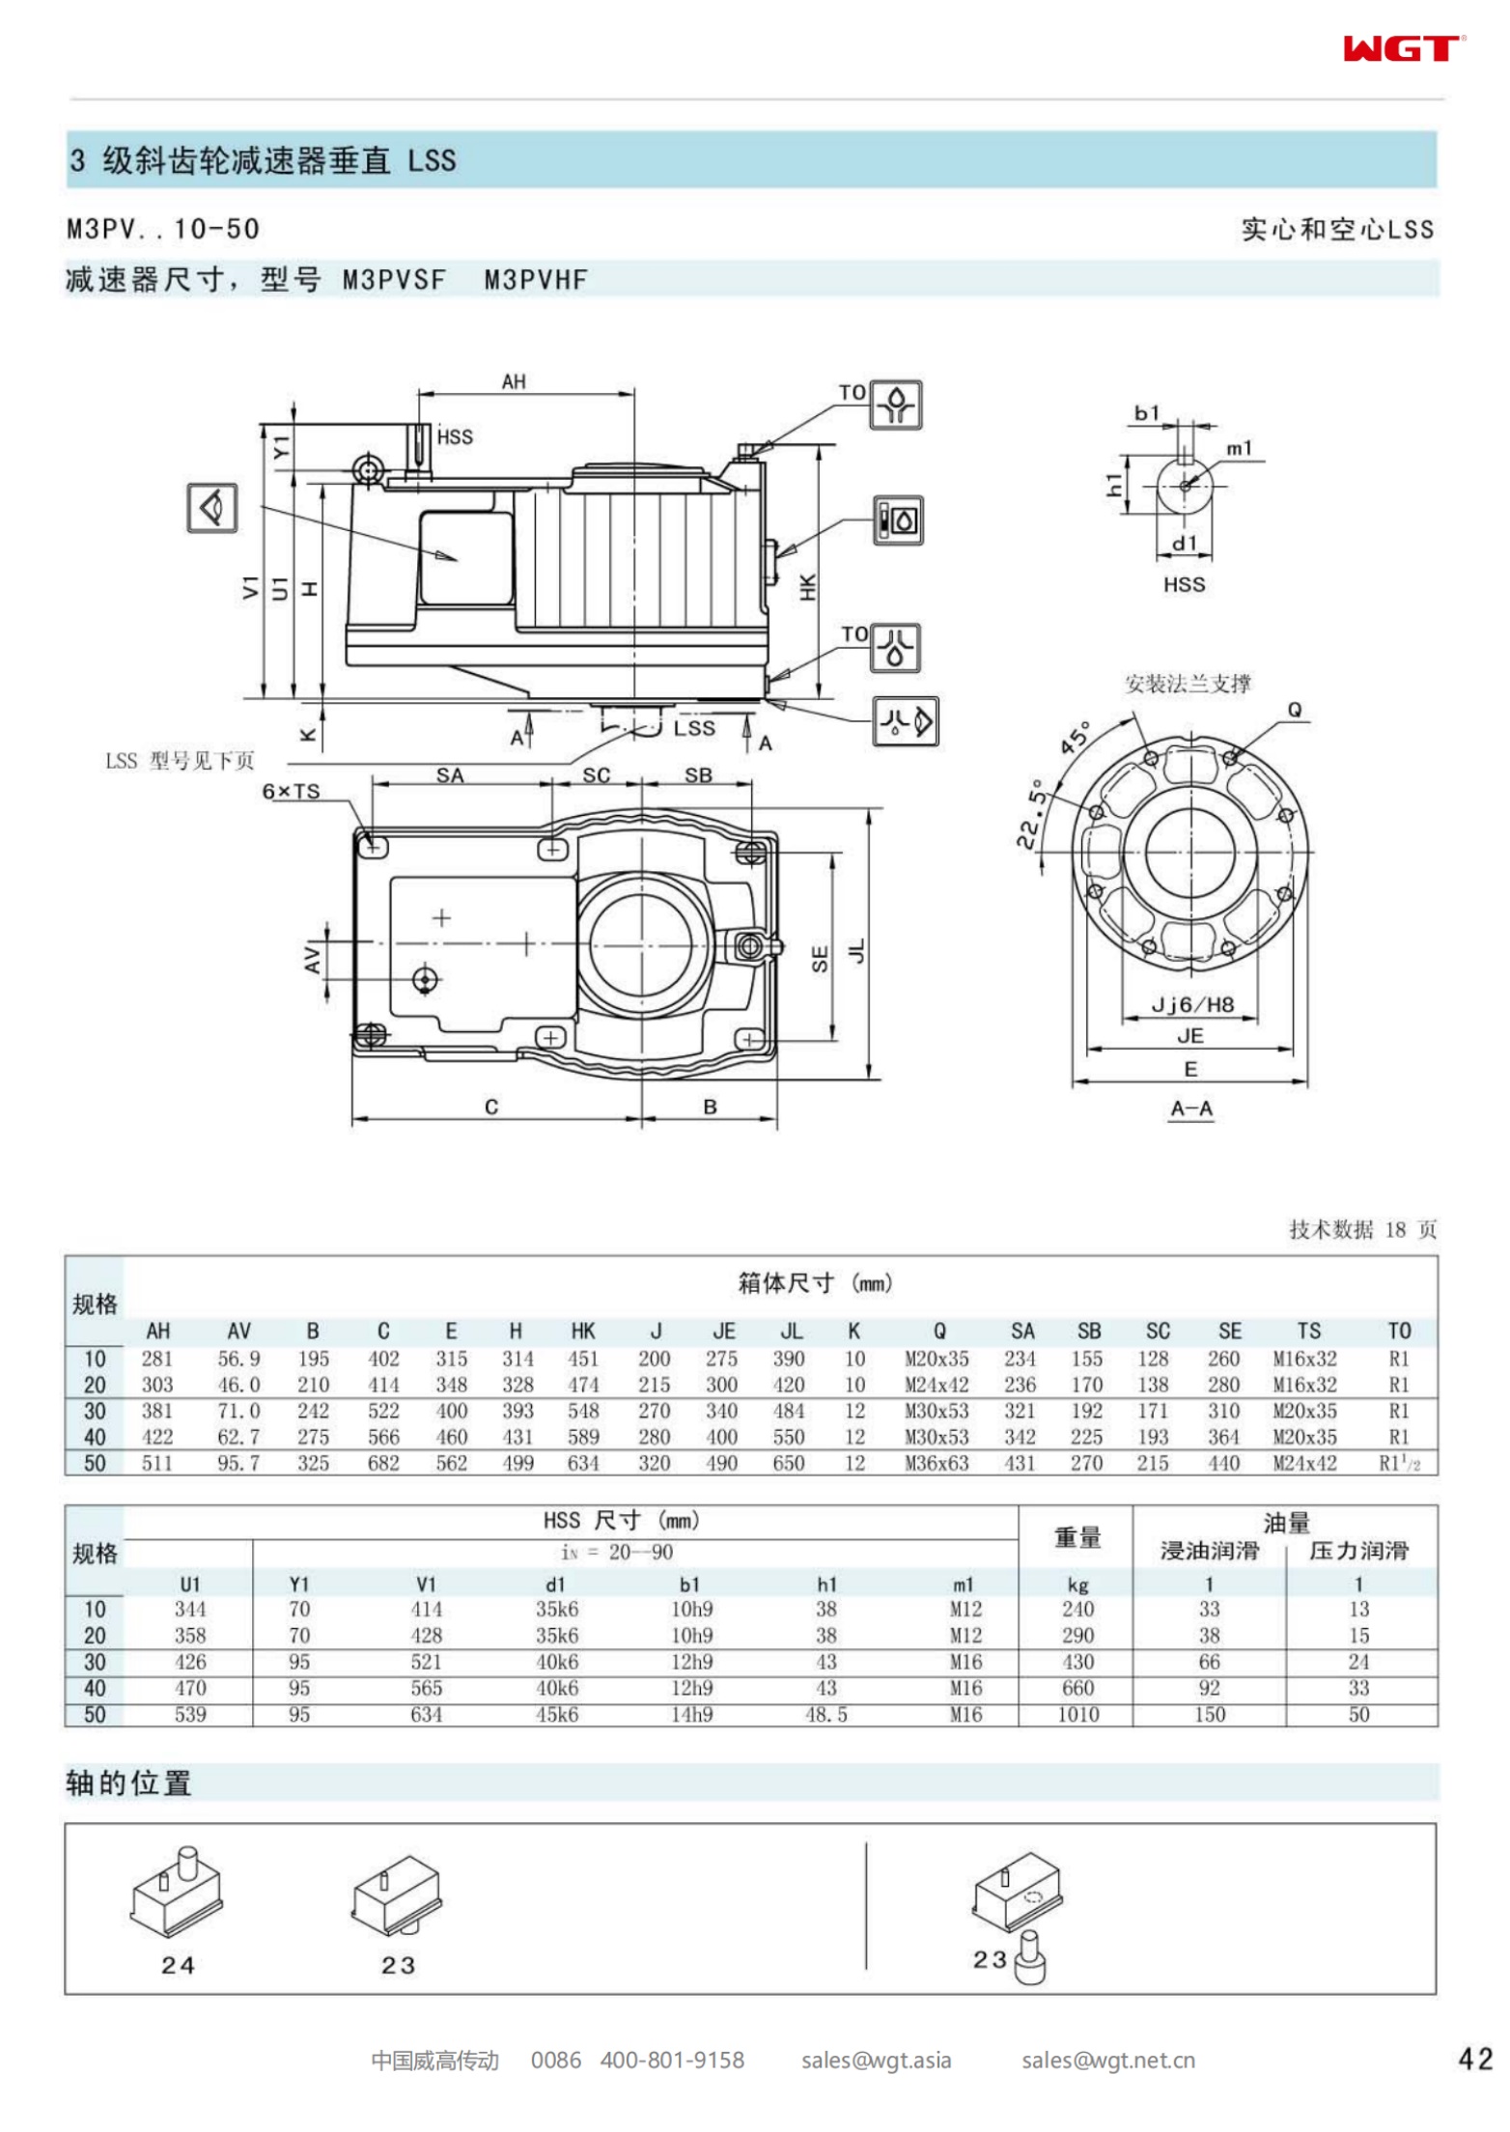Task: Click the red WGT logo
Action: [x=1402, y=48]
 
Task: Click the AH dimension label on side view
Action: [x=514, y=381]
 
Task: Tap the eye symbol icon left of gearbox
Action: [x=211, y=507]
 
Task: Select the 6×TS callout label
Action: [x=291, y=791]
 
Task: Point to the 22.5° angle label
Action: [x=1032, y=814]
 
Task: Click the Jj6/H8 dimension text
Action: [x=1192, y=1004]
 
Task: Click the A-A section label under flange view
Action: [x=1190, y=1108]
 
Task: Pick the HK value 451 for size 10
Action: [x=583, y=1359]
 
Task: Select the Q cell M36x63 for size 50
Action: [x=936, y=1463]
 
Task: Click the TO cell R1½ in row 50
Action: [x=1398, y=1463]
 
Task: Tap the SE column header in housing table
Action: [x=1229, y=1331]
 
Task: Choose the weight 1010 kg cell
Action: [x=1077, y=1714]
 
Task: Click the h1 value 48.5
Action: [x=826, y=1714]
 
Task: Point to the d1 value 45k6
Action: [x=557, y=1714]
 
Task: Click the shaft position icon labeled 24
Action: [x=177, y=1892]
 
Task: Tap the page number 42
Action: [x=1474, y=2060]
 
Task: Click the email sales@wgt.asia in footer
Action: [x=876, y=2061]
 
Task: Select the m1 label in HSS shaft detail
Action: [x=1239, y=448]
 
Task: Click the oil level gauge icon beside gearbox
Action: [x=898, y=521]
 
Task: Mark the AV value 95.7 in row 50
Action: [x=238, y=1463]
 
